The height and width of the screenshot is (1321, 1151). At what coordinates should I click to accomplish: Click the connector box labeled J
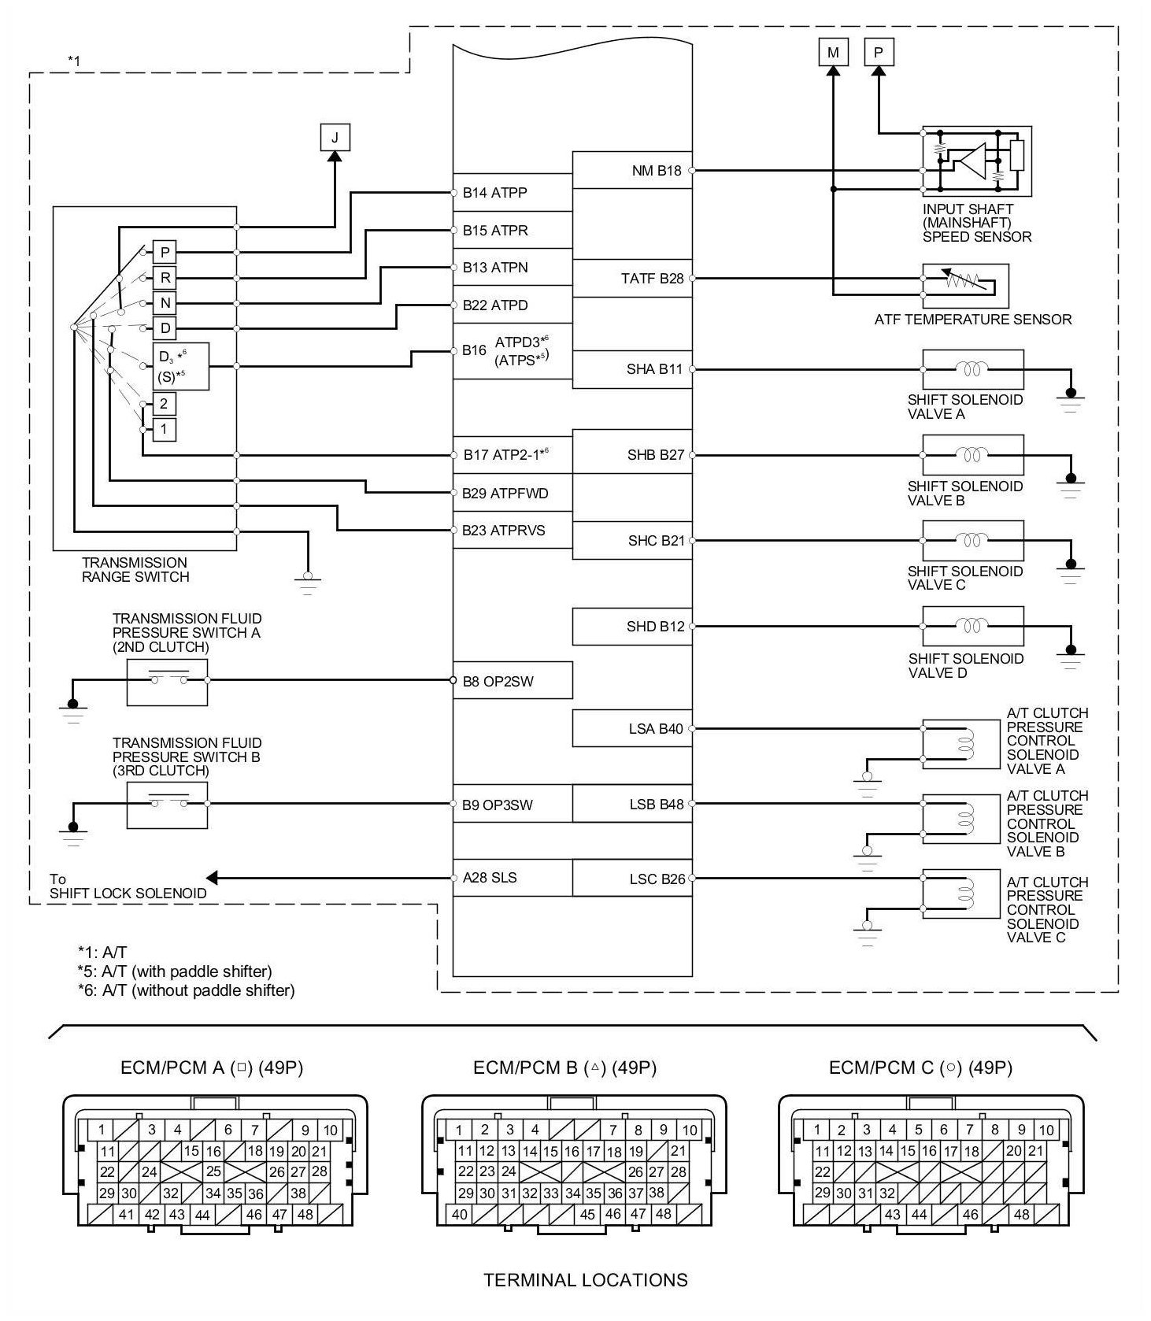point(335,138)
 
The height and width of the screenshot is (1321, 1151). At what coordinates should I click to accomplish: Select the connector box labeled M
point(833,53)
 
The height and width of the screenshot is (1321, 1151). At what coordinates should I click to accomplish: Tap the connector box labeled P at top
point(879,53)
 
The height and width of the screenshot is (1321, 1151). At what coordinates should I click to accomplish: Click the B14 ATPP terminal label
point(494,193)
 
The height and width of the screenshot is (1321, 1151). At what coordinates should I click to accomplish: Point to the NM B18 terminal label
point(656,171)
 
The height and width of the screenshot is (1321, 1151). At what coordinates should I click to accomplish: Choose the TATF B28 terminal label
point(652,279)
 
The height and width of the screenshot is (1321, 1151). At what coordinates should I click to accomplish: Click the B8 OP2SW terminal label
point(498,682)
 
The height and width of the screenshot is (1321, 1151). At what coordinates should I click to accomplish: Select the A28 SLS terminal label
point(489,878)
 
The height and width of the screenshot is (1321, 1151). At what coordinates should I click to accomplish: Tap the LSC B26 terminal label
point(657,879)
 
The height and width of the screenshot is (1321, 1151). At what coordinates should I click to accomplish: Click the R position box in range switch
point(165,278)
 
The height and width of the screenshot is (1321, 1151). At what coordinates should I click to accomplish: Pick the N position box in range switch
point(165,303)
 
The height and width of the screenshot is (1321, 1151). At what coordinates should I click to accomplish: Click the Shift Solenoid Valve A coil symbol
point(973,368)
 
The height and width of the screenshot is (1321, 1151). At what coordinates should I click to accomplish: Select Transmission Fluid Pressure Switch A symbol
point(168,682)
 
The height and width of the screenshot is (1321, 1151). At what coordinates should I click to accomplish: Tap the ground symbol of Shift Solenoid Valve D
point(1070,654)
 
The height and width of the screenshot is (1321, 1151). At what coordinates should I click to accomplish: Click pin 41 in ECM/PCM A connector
point(127,1214)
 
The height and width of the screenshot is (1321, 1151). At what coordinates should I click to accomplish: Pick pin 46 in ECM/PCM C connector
point(970,1214)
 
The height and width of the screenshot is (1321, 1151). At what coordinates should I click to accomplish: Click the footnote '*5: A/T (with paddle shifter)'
point(175,971)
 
